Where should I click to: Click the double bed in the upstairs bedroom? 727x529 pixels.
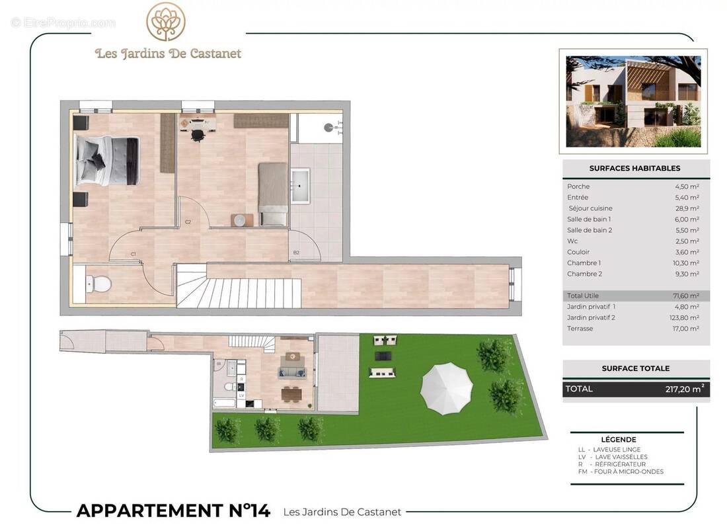pyautogui.click(x=106, y=161)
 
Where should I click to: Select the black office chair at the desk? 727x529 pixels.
pyautogui.click(x=197, y=134)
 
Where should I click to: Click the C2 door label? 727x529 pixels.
pyautogui.click(x=188, y=222)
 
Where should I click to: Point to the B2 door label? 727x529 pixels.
pyautogui.click(x=296, y=253)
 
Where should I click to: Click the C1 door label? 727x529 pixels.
pyautogui.click(x=134, y=254)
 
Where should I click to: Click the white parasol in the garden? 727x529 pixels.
pyautogui.click(x=447, y=388)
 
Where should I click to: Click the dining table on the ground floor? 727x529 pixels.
pyautogui.click(x=291, y=394)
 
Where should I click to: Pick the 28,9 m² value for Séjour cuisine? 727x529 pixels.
pyautogui.click(x=687, y=208)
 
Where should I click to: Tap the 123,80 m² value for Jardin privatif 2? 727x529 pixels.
pyautogui.click(x=684, y=317)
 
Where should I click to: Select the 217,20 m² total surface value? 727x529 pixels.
pyautogui.click(x=684, y=389)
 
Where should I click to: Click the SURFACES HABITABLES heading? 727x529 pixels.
pyautogui.click(x=634, y=169)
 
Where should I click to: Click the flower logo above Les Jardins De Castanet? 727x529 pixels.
pyautogui.click(x=166, y=22)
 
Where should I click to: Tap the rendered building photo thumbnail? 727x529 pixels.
pyautogui.click(x=633, y=101)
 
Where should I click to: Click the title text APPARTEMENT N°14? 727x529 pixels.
pyautogui.click(x=173, y=510)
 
